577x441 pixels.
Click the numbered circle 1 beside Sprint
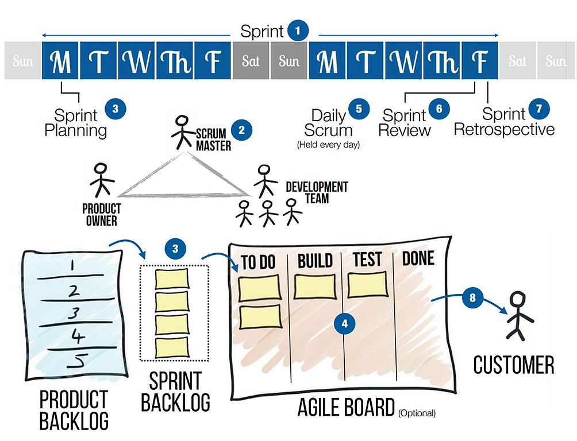pos(297,30)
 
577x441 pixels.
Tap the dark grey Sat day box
pos(251,61)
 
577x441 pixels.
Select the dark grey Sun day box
pos(289,61)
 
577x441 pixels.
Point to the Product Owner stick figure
pos(101,180)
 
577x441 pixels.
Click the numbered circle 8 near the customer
pos(472,298)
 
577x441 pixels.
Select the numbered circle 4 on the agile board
pos(345,323)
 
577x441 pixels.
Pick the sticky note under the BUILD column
pos(314,287)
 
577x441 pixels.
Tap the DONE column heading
pos(418,258)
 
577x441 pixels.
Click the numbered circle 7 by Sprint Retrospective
pos(539,109)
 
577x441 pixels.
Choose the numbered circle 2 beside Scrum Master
pos(241,129)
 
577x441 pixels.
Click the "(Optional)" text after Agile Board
pos(417,412)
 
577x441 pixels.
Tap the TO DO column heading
pos(259,262)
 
